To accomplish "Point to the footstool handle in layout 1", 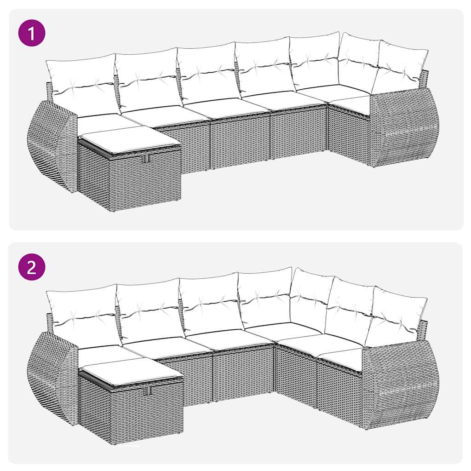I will tap(146, 159).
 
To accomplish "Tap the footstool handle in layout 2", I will tap(148, 391).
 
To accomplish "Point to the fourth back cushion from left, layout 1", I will tap(263, 67).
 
